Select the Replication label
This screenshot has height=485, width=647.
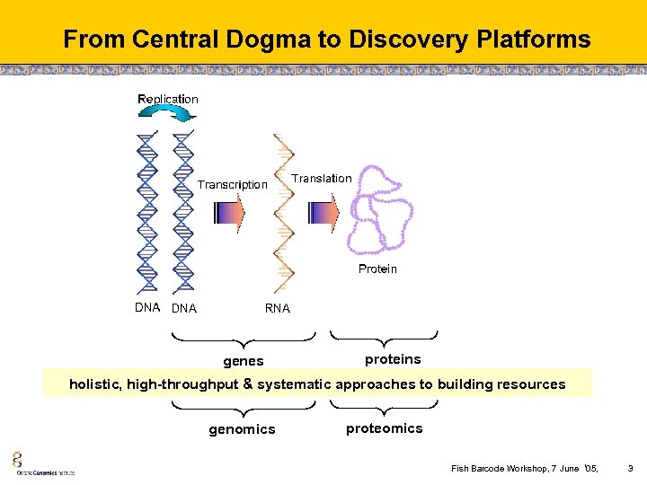168,99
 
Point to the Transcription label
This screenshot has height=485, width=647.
233,184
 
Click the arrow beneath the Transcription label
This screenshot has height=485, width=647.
229,212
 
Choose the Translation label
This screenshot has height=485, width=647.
322,178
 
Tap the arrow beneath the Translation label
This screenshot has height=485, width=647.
323,212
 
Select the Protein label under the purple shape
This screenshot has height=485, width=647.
377,269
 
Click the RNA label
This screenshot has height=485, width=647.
278,308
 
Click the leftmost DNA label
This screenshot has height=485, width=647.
147,307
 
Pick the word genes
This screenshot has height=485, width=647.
244,361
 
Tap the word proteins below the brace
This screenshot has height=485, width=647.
393,359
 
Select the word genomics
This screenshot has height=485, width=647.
242,429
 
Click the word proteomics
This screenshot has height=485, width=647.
384,428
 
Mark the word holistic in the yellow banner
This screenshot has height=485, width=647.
93,384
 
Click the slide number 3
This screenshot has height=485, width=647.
630,468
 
